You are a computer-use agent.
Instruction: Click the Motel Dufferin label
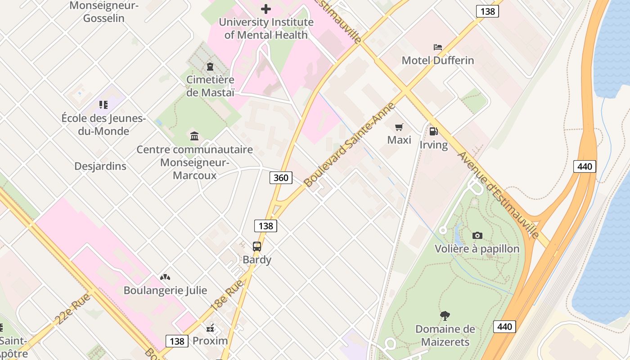click(437, 60)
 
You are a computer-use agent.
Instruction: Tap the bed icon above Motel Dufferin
click(437, 47)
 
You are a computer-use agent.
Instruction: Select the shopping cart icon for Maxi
click(399, 127)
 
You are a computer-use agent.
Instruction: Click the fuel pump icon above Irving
click(433, 131)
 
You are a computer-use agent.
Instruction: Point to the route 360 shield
click(281, 178)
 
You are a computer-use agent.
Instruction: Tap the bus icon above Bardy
click(256, 247)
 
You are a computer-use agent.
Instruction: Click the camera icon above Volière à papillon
click(477, 235)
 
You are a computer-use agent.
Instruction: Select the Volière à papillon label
click(477, 249)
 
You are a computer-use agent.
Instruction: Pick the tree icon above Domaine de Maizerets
click(445, 316)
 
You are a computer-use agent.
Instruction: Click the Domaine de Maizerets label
click(445, 335)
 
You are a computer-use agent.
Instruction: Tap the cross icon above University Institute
click(266, 9)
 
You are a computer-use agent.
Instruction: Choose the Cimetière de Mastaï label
click(211, 86)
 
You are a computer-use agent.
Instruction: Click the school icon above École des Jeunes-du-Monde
click(103, 105)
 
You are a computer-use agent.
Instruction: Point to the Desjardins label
click(100, 166)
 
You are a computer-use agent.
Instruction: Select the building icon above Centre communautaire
click(194, 136)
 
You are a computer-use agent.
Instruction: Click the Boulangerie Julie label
click(165, 290)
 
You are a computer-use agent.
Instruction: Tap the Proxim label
click(210, 341)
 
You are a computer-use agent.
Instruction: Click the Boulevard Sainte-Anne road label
click(350, 145)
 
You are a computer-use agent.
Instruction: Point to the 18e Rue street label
click(227, 295)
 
